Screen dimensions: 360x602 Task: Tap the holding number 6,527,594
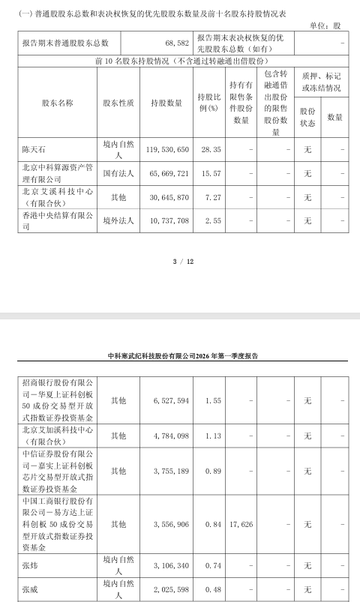pos(169,401)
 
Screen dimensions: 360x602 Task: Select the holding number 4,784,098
pos(169,436)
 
